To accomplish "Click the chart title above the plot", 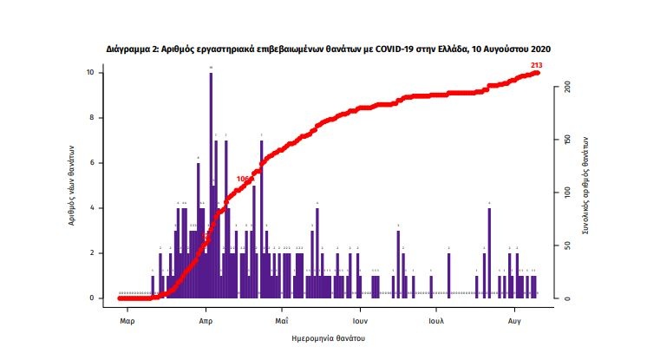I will coord(329,49).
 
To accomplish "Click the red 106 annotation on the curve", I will coord(244,180).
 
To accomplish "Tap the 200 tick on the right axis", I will coord(566,88).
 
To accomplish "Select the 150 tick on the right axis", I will coord(566,140).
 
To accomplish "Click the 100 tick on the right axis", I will coord(566,193).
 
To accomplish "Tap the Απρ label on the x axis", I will coord(206,318).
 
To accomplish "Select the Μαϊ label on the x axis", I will coord(281,318).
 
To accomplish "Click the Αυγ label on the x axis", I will coord(514,318).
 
